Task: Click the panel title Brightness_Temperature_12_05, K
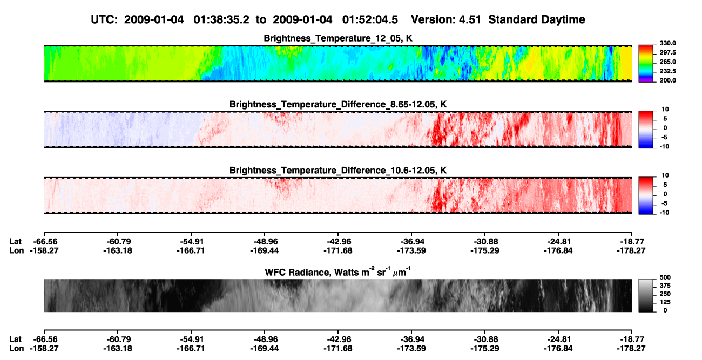pos(338,38)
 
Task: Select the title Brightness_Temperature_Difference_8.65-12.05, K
pos(338,104)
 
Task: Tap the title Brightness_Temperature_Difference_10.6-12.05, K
pos(338,171)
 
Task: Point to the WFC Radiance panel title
pos(338,272)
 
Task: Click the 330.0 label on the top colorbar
pos(667,43)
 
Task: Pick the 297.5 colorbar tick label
pos(667,53)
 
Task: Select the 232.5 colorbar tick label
pos(667,71)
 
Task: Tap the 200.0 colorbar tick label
pos(667,80)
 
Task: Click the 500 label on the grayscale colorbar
pos(665,277)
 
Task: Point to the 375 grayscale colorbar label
pos(665,286)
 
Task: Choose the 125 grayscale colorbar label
pos(665,302)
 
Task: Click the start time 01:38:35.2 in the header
pos(221,20)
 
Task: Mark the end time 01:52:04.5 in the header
pos(370,20)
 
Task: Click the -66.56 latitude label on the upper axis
pos(44,242)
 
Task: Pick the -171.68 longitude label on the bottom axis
pos(338,349)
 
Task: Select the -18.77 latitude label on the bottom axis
pos(631,339)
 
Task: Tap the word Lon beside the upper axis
pos(17,250)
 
